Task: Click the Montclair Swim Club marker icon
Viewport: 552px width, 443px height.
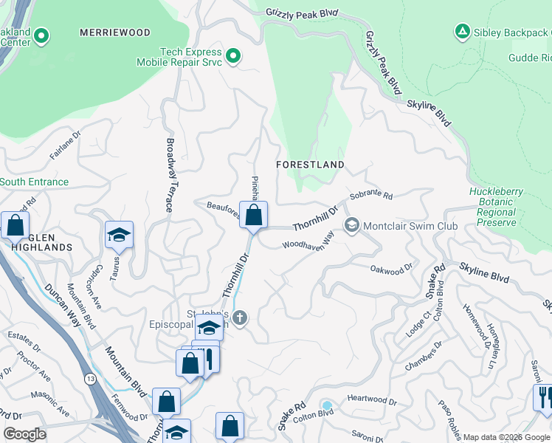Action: tap(352, 225)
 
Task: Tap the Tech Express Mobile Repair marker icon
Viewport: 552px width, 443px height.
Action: tap(233, 56)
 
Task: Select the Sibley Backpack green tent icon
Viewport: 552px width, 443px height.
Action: tap(462, 32)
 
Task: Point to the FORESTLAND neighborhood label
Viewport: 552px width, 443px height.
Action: tap(310, 164)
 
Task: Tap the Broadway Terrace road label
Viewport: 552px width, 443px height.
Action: tap(170, 176)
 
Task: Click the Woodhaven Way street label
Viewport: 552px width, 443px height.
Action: tap(308, 239)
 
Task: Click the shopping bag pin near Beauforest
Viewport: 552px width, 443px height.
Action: tap(253, 216)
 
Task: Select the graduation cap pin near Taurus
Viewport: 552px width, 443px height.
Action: tap(119, 235)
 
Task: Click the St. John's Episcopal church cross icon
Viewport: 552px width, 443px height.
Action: tap(241, 317)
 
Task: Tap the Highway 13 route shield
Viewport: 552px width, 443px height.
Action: tap(89, 379)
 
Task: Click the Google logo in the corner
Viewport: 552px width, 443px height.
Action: tap(24, 434)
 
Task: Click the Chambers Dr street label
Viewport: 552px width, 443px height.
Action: tap(423, 356)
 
